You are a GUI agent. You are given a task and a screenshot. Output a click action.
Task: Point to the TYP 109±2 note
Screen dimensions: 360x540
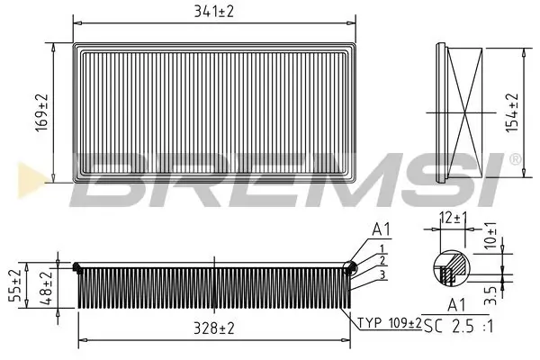click(389, 323)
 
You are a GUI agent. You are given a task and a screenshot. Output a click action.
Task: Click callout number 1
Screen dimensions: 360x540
click(382, 249)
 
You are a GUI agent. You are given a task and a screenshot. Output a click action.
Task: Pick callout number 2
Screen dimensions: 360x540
click(382, 260)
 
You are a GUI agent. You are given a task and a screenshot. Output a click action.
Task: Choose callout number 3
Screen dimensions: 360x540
click(382, 274)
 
